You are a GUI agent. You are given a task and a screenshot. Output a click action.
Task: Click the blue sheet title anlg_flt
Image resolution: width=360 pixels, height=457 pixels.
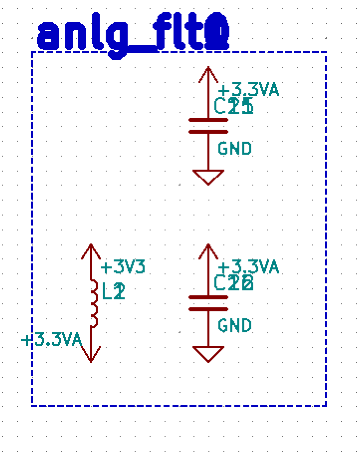click(x=133, y=36)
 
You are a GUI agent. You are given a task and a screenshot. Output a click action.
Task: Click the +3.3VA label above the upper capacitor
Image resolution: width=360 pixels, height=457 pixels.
click(x=248, y=90)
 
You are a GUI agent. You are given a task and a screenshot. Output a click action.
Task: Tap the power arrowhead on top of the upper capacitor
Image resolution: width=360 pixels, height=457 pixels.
click(x=208, y=74)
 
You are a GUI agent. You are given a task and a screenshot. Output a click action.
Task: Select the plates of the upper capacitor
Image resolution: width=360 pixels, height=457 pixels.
click(x=208, y=126)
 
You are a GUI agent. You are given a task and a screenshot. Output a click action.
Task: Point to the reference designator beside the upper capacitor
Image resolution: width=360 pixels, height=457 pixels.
click(x=233, y=106)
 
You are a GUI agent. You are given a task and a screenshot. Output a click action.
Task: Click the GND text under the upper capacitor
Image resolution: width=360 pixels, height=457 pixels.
click(x=235, y=149)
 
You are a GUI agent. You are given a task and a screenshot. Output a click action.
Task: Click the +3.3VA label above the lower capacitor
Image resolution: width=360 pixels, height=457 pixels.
click(x=248, y=267)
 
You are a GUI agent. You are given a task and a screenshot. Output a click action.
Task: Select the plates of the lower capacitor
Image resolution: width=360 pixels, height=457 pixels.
click(x=208, y=303)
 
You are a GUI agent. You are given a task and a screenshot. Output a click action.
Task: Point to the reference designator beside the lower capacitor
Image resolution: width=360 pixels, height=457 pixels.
click(x=233, y=283)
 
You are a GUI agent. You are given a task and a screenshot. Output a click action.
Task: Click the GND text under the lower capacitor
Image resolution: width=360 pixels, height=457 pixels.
click(x=235, y=326)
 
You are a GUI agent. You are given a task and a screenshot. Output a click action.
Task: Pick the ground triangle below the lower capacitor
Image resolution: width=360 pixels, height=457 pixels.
click(x=208, y=354)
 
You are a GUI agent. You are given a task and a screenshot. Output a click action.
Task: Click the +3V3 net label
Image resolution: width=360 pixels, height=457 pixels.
click(x=123, y=267)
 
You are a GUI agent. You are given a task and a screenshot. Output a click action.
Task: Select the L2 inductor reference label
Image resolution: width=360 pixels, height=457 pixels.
click(x=113, y=291)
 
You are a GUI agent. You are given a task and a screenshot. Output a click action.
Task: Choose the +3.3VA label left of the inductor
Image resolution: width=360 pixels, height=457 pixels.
click(x=51, y=341)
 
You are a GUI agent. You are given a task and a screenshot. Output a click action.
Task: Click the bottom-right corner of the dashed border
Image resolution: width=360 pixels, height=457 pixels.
click(x=326, y=406)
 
